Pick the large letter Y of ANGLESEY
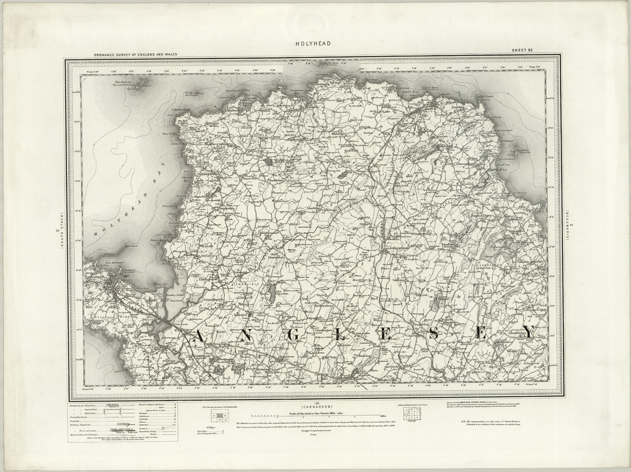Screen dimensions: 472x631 [527, 333]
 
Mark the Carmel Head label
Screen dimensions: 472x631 [176, 109]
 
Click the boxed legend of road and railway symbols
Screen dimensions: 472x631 [122, 422]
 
